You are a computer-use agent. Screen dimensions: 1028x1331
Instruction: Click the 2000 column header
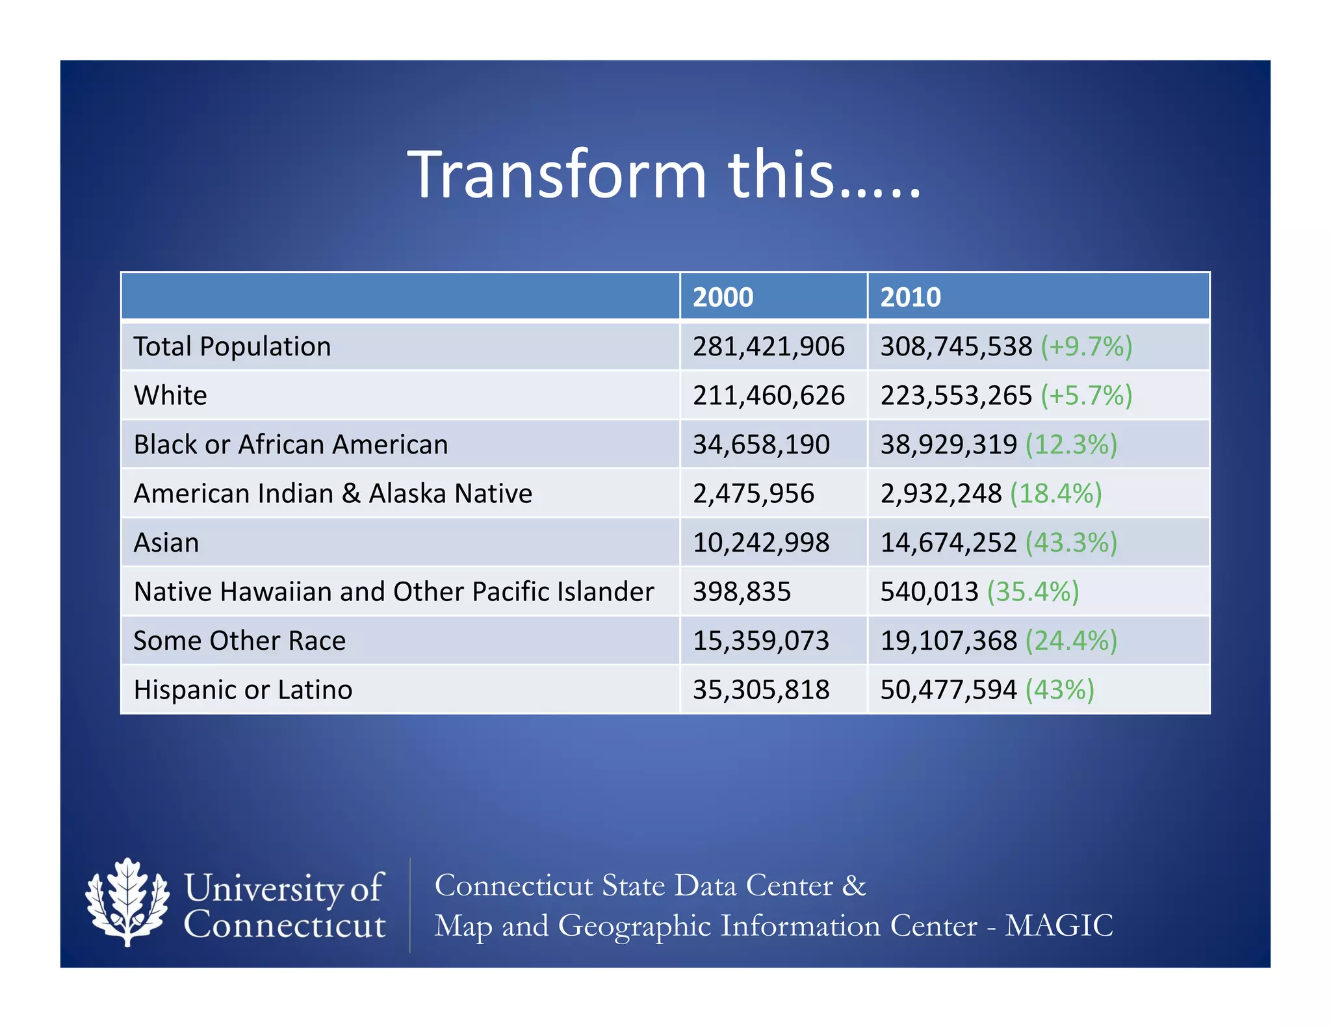pyautogui.click(x=723, y=297)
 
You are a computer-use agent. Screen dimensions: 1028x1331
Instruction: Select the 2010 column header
pyautogui.click(x=910, y=297)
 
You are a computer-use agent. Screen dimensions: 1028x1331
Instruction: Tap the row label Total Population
pyautogui.click(x=232, y=346)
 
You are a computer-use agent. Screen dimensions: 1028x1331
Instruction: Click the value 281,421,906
pyautogui.click(x=768, y=346)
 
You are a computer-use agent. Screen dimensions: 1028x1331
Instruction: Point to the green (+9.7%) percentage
pyautogui.click(x=1086, y=346)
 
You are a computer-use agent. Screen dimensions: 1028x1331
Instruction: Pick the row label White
pyautogui.click(x=170, y=395)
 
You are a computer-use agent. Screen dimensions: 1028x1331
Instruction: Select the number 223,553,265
pyautogui.click(x=955, y=395)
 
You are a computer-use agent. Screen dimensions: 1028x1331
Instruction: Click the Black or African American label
pyautogui.click(x=291, y=444)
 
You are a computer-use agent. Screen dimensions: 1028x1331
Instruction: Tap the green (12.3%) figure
pyautogui.click(x=1071, y=444)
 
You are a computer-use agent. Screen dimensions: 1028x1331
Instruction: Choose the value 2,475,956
pyautogui.click(x=753, y=493)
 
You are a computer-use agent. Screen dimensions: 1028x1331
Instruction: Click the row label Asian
pyautogui.click(x=166, y=543)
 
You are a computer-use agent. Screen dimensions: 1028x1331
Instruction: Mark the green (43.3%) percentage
pyautogui.click(x=1071, y=543)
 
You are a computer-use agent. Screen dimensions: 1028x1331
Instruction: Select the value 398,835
pyautogui.click(x=742, y=591)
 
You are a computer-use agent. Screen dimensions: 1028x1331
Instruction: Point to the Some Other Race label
pyautogui.click(x=239, y=641)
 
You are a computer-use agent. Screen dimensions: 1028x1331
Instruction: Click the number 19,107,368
pyautogui.click(x=948, y=641)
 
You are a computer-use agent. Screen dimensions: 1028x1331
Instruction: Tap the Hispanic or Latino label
pyautogui.click(x=243, y=689)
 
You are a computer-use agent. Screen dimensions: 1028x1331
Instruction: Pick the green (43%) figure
pyautogui.click(x=1059, y=689)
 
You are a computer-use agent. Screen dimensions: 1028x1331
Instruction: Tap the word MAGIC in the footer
pyautogui.click(x=1059, y=925)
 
